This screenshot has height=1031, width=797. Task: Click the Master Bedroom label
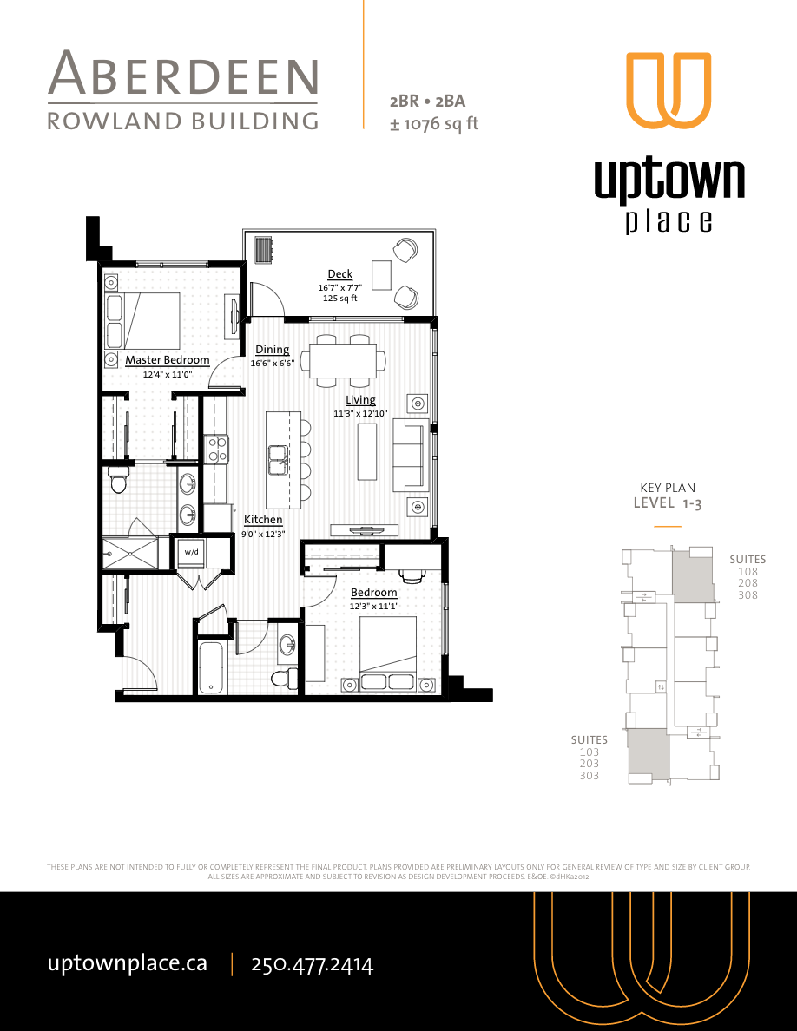(167, 360)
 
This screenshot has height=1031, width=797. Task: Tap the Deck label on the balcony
(339, 274)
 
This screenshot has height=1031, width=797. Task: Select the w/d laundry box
(190, 551)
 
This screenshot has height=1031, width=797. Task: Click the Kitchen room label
(262, 520)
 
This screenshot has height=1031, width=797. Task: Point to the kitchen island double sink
(279, 460)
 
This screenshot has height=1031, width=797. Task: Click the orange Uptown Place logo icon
(669, 90)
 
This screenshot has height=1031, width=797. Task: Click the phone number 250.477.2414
(312, 964)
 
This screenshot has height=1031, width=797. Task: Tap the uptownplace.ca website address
(127, 963)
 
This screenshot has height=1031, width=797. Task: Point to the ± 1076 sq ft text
(434, 123)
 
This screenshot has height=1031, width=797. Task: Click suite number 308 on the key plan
(748, 595)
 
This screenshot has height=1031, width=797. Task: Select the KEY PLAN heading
(667, 488)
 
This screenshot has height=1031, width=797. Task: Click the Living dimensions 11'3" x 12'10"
(360, 414)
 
